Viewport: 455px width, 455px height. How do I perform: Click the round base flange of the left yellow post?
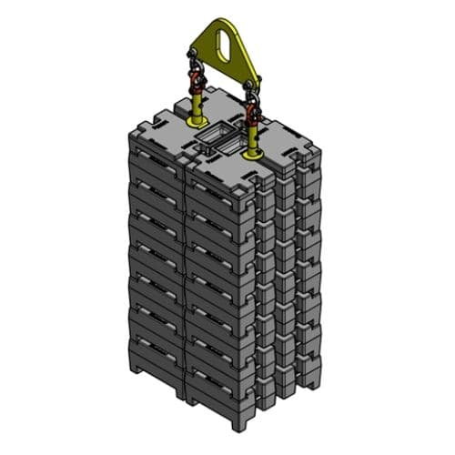click(195, 123)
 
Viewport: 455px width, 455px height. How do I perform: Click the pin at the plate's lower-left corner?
click(194, 56)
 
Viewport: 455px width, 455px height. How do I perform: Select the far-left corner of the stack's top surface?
click(127, 130)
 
